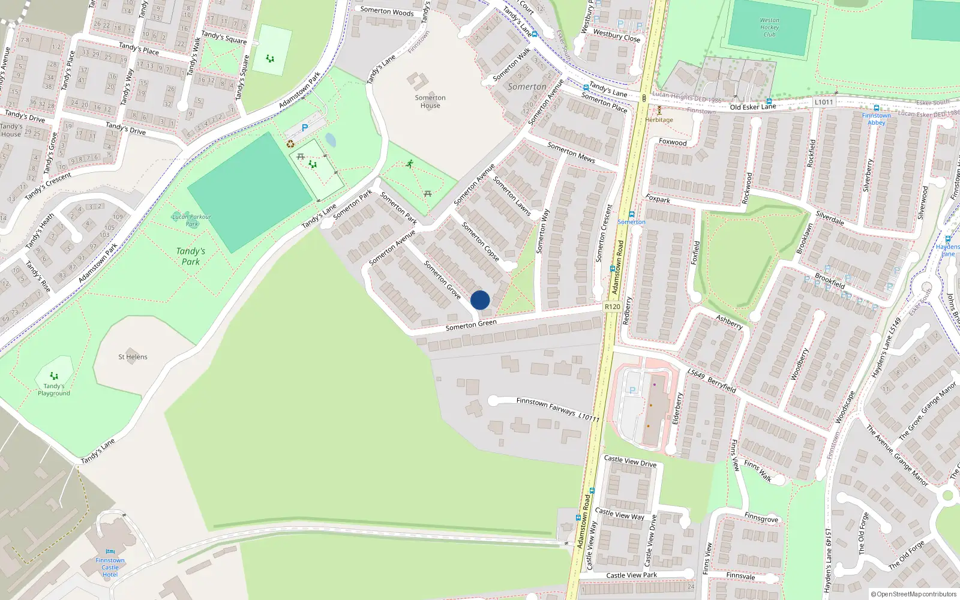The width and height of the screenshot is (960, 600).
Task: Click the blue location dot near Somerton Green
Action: click(480, 300)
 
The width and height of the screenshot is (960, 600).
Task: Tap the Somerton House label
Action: click(430, 101)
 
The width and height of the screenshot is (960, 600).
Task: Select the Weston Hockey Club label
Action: click(769, 28)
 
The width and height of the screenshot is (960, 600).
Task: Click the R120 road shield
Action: click(612, 307)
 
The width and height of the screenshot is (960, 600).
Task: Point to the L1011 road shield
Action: click(824, 102)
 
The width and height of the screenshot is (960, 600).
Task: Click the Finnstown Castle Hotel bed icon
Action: click(110, 551)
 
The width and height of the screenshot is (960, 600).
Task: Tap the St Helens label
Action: click(133, 356)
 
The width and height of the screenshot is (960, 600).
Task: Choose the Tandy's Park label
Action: click(191, 256)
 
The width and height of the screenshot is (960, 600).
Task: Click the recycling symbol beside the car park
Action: click(290, 144)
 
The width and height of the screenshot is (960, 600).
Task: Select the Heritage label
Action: click(659, 119)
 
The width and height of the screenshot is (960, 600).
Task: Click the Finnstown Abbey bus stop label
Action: click(876, 119)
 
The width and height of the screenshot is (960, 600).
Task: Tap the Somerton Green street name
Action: click(471, 325)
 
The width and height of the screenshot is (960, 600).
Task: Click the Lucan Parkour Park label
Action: click(191, 220)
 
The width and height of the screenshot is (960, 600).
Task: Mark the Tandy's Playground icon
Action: click(54, 376)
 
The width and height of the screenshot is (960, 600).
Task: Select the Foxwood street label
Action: click(673, 142)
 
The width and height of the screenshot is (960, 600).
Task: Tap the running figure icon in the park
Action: click(410, 163)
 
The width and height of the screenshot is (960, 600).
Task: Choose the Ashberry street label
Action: click(729, 322)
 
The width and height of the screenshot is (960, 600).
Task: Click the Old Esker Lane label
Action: click(752, 107)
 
